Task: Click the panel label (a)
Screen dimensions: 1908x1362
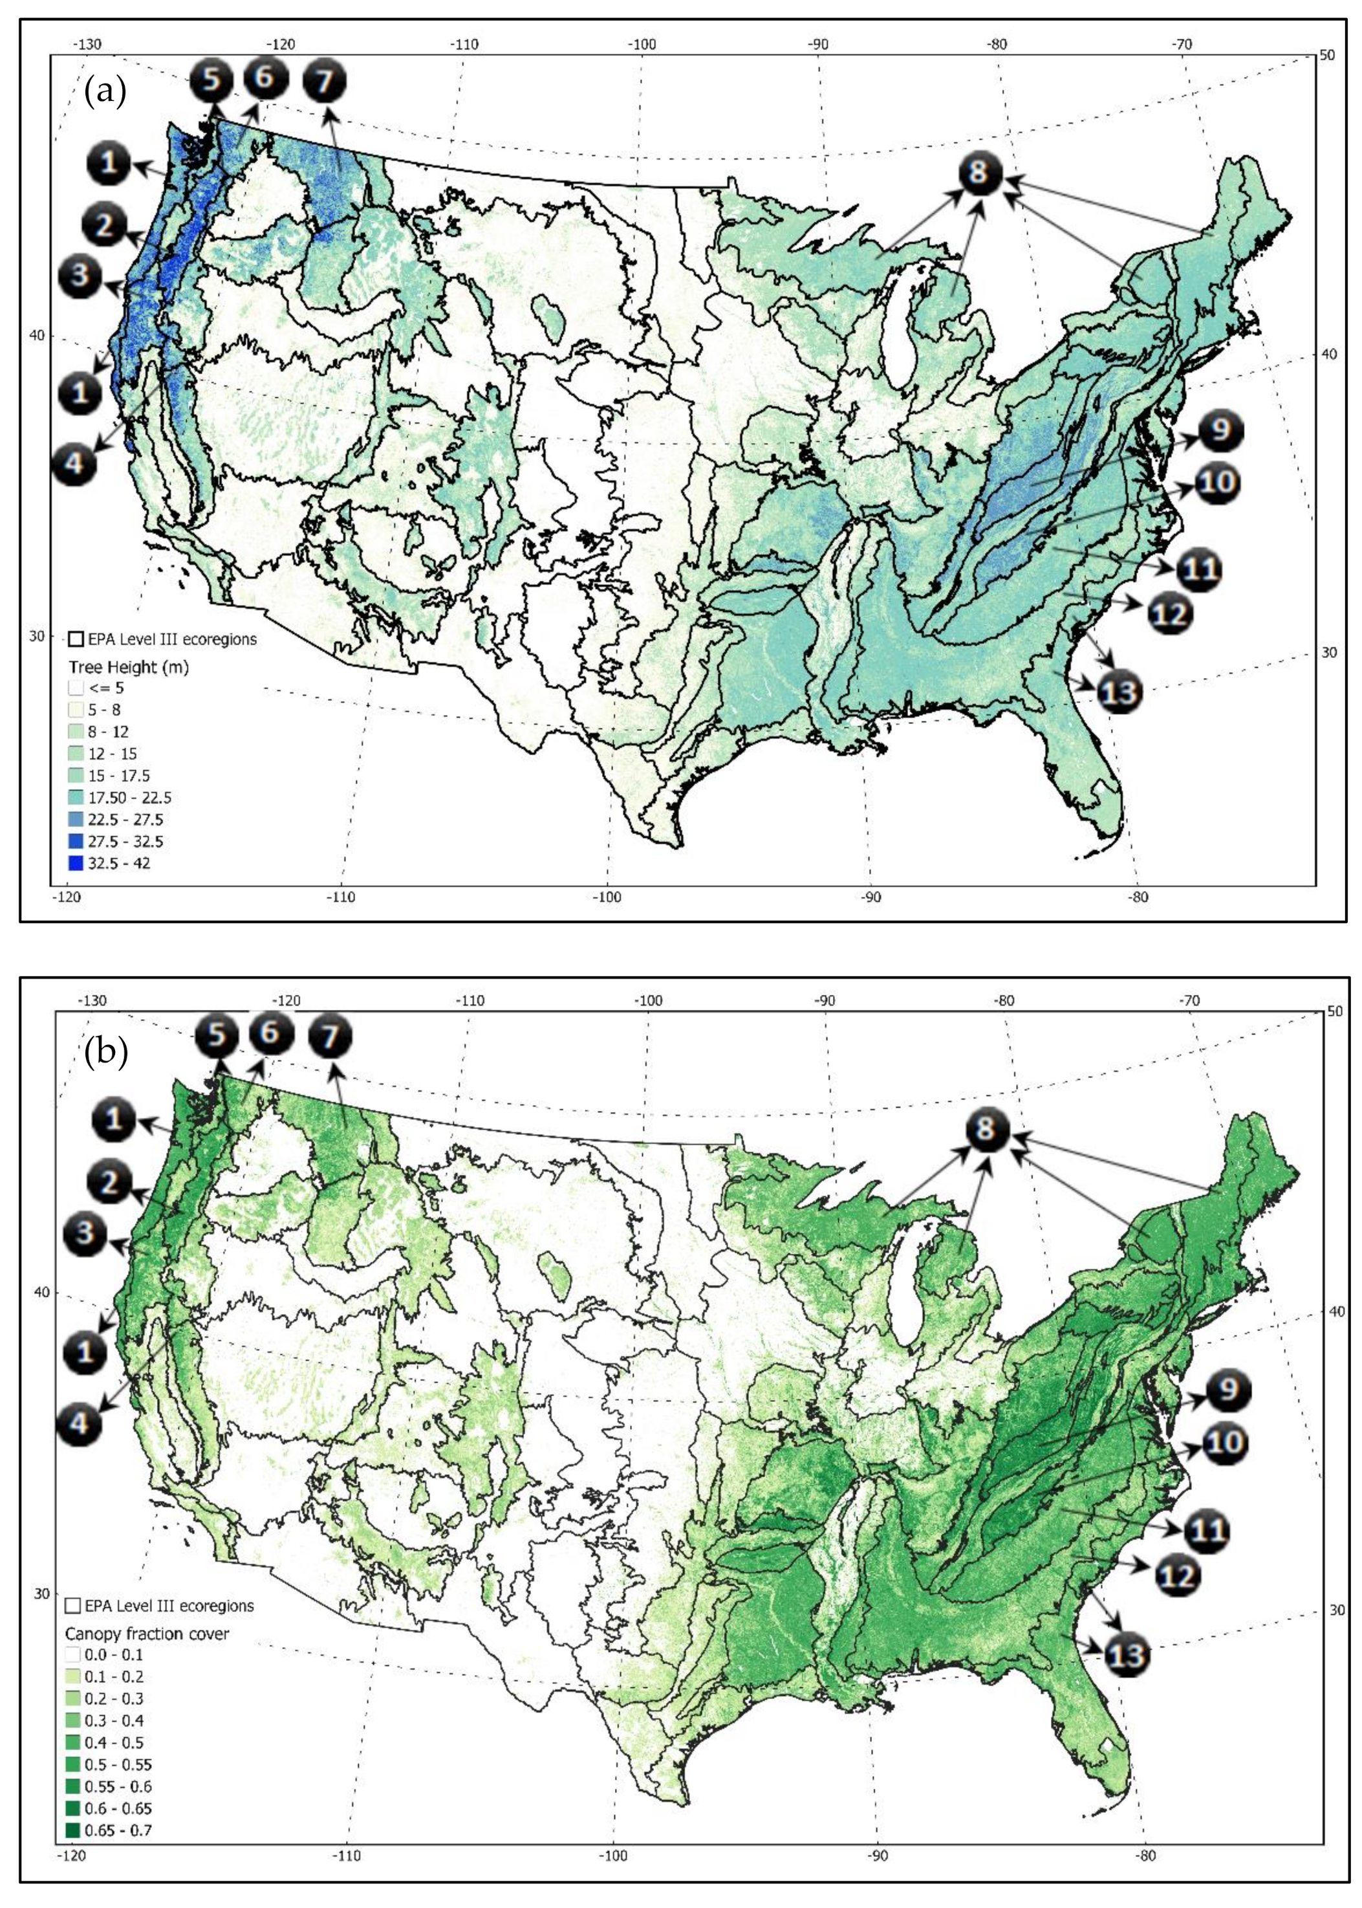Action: [x=104, y=91]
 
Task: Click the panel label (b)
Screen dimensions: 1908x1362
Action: [x=105, y=1051]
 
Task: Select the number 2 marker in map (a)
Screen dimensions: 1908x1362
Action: [x=105, y=226]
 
